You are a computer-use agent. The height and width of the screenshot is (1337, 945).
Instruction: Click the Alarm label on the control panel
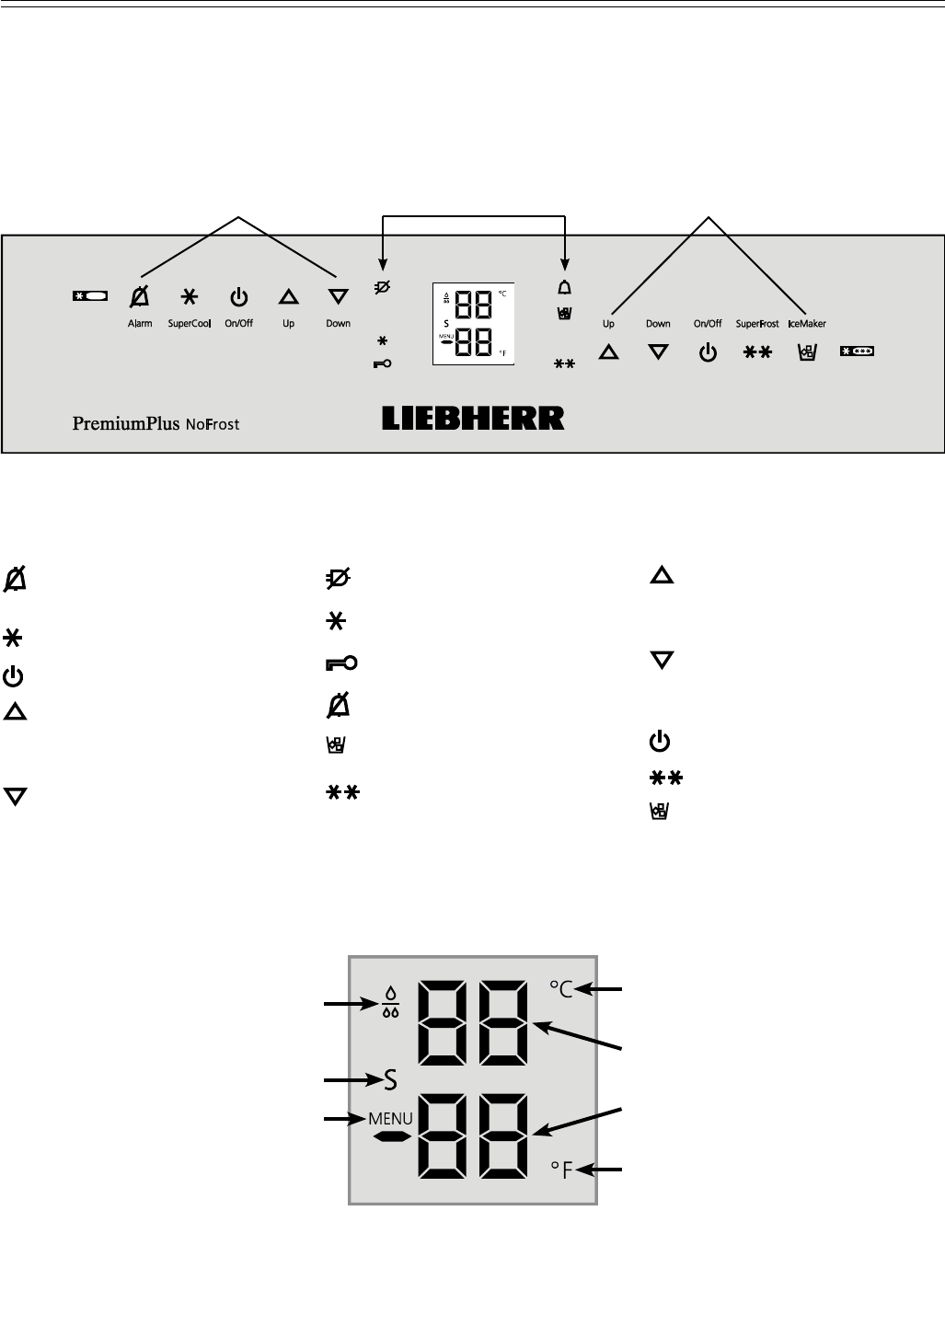140,324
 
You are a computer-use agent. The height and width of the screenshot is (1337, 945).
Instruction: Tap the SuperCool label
190,324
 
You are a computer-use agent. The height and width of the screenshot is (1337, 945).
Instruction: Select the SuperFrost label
757,324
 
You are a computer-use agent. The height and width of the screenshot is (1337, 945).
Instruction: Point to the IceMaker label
806,324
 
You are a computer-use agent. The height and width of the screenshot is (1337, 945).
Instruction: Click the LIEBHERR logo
473,419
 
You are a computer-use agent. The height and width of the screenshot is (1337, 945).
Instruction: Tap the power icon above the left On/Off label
238,297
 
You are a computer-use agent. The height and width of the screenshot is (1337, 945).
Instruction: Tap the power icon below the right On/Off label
708,352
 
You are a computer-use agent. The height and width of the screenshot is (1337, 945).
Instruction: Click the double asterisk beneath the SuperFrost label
757,352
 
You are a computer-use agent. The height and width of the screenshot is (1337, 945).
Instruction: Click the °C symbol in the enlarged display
561,989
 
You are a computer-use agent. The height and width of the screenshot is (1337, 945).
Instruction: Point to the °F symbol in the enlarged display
561,1170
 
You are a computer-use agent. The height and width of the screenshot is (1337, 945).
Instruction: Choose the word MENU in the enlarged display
390,1120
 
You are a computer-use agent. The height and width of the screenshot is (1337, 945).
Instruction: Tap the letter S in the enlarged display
390,1079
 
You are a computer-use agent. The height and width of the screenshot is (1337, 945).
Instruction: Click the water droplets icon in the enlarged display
391,1004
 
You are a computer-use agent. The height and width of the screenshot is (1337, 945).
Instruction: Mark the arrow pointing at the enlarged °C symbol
606,990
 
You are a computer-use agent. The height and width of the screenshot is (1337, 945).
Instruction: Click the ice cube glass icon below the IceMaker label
806,352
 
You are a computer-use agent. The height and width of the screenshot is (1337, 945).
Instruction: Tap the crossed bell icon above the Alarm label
140,297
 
